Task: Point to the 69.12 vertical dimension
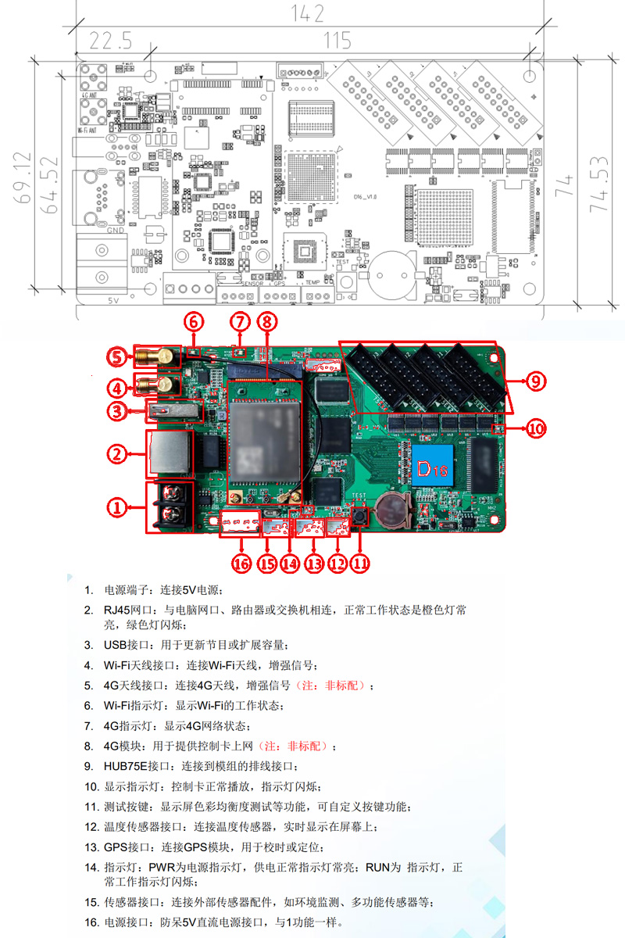(x=25, y=177)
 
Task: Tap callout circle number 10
(x=535, y=428)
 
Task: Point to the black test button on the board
(x=360, y=516)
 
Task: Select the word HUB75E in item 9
(x=124, y=766)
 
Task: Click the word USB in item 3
(x=114, y=645)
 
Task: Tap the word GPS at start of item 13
(x=115, y=847)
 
